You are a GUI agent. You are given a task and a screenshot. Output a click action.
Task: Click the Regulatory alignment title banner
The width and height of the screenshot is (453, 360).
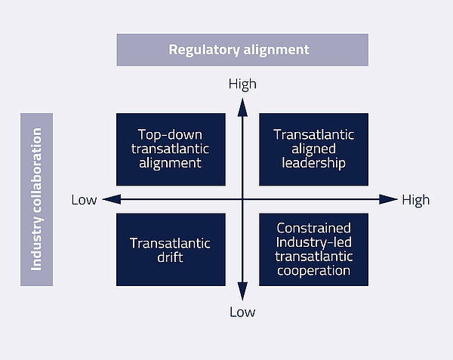click(x=242, y=50)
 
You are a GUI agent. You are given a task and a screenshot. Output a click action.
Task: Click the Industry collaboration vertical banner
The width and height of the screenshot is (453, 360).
click(x=36, y=199)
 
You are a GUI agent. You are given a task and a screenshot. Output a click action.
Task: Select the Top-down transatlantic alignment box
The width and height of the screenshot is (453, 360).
click(x=171, y=149)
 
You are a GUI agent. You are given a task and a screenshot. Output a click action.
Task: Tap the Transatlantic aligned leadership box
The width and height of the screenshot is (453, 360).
click(x=313, y=149)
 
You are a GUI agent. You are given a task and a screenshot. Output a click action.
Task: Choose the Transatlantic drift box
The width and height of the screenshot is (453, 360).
click(x=171, y=249)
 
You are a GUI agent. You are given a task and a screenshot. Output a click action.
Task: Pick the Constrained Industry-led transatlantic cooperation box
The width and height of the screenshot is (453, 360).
click(x=313, y=249)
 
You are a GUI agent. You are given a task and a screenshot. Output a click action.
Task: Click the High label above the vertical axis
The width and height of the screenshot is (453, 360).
click(x=242, y=85)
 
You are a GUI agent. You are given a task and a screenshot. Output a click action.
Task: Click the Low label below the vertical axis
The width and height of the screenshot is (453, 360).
click(x=242, y=312)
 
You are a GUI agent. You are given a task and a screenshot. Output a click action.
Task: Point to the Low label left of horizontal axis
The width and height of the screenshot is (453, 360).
click(x=84, y=199)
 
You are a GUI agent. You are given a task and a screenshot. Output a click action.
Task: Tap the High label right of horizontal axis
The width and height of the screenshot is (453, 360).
click(x=415, y=199)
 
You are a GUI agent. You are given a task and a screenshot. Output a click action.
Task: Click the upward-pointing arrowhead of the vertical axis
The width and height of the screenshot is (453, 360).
click(x=242, y=106)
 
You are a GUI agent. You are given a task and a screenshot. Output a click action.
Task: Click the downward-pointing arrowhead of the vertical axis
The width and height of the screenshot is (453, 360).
click(x=242, y=292)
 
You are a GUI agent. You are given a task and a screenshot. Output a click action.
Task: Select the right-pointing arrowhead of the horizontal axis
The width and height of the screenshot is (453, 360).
click(x=387, y=199)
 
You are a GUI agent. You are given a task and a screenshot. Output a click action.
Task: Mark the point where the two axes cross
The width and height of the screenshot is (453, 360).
click(x=242, y=199)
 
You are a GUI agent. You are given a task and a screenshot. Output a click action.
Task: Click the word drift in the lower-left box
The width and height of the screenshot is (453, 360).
click(x=171, y=257)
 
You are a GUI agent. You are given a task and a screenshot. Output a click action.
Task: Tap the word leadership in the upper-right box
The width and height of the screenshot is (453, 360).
click(x=313, y=163)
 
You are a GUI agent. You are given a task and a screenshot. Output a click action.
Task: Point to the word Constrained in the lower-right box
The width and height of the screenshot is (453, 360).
click(x=313, y=227)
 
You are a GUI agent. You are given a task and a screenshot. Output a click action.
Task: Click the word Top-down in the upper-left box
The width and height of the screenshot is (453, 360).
click(x=171, y=134)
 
